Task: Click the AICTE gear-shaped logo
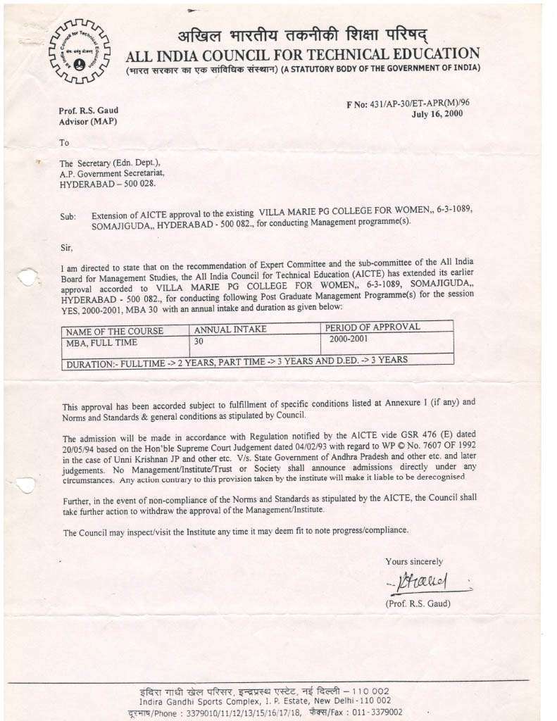pos(79,50)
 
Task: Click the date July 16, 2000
pos(437,113)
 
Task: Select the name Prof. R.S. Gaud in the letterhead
pos(89,111)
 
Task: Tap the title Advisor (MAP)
pos(87,122)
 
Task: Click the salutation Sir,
pos(65,247)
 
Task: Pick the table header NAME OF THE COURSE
pos(114,331)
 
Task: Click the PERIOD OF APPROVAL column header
pos(373,327)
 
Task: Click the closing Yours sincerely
pos(414,561)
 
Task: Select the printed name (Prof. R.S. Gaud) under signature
pos(418,603)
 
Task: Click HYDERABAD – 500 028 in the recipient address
pos(107,184)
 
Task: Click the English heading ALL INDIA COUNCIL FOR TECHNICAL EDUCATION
pos(303,54)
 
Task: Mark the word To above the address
pos(64,142)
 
